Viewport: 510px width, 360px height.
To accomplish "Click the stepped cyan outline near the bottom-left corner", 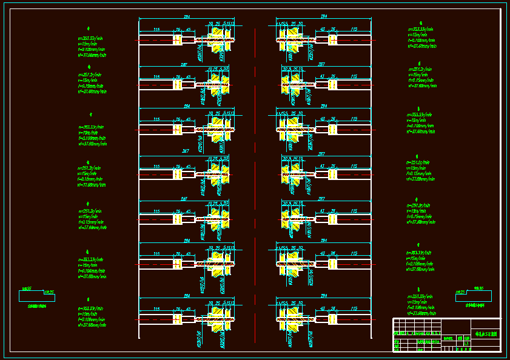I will pos(36,296).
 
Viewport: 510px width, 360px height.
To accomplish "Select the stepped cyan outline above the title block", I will pos(473,296).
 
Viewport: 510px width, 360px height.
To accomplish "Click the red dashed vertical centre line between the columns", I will pos(255,182).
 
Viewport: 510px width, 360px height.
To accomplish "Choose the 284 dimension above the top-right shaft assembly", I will pos(324,17).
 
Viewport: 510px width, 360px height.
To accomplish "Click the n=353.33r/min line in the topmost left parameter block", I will pos(91,38).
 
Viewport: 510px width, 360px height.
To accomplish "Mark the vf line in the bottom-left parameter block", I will pos(92,325).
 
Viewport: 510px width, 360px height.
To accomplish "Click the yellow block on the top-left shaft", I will pos(178,39).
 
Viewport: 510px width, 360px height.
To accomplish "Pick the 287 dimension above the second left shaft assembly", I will pos(184,64).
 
